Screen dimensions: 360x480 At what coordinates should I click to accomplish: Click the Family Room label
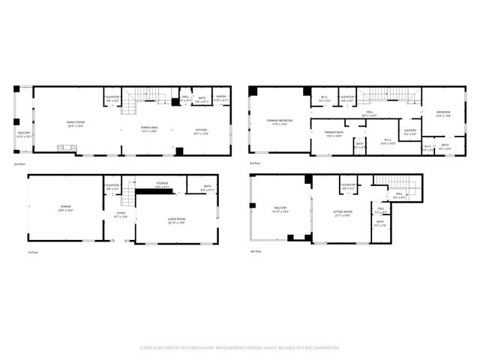(75, 123)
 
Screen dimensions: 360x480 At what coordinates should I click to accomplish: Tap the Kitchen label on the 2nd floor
(201, 131)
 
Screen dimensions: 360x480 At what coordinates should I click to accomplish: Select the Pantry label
(221, 97)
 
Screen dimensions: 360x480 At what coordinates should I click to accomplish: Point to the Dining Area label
(150, 129)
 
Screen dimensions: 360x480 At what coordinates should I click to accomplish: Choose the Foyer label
(121, 214)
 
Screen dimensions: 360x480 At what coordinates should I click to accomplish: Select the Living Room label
(176, 220)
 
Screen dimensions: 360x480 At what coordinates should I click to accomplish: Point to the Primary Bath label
(334, 134)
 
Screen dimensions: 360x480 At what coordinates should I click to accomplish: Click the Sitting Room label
(342, 213)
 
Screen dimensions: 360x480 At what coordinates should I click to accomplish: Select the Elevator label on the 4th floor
(348, 185)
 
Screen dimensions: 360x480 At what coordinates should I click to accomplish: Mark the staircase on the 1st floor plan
(128, 196)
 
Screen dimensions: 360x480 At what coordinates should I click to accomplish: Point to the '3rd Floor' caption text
(255, 163)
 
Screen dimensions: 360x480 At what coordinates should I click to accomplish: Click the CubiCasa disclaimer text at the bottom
(240, 347)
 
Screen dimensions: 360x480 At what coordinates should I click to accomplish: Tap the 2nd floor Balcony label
(25, 135)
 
